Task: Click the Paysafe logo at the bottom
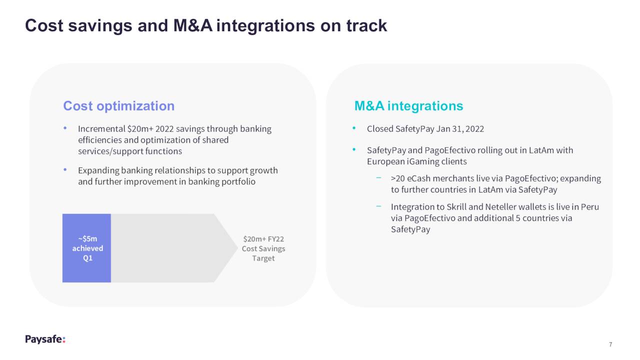[x=45, y=339]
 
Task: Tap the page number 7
[x=610, y=344]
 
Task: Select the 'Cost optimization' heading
[x=119, y=106]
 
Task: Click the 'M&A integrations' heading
[x=408, y=106]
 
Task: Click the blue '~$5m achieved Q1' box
[x=86, y=248]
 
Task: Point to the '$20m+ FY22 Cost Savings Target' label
[x=263, y=248]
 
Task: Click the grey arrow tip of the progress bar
[x=237, y=248]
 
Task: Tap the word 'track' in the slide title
[x=366, y=25]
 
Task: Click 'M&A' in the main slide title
[x=193, y=25]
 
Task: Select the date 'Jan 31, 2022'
[x=460, y=129]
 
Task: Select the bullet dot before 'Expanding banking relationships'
[x=65, y=169]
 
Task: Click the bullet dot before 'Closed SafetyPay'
[x=354, y=128]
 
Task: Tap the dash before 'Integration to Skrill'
[x=378, y=206]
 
